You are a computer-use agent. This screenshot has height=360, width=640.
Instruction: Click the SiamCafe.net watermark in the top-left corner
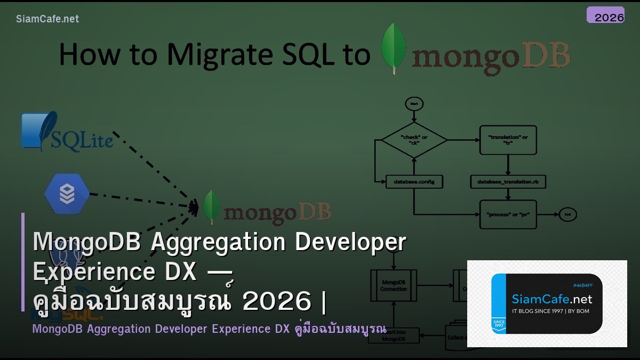(47, 19)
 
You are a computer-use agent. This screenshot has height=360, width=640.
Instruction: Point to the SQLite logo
(67, 132)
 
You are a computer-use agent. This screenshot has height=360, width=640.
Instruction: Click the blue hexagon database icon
(67, 193)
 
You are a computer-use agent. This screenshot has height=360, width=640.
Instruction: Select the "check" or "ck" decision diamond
(414, 140)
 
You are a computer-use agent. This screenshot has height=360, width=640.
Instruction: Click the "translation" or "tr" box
(508, 140)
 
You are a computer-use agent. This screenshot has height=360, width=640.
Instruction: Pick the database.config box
(414, 182)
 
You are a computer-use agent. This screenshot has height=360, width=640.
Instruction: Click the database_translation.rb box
(508, 182)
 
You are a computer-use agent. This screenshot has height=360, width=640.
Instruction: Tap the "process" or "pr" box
(508, 214)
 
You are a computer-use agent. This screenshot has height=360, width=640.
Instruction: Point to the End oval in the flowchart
(567, 214)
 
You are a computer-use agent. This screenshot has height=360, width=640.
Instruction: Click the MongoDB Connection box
(394, 285)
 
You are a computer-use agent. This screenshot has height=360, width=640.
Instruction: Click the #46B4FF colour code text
(582, 285)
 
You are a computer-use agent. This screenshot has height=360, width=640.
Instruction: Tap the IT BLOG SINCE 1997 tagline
(550, 311)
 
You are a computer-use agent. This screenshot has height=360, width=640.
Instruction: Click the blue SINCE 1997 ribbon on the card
(499, 324)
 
